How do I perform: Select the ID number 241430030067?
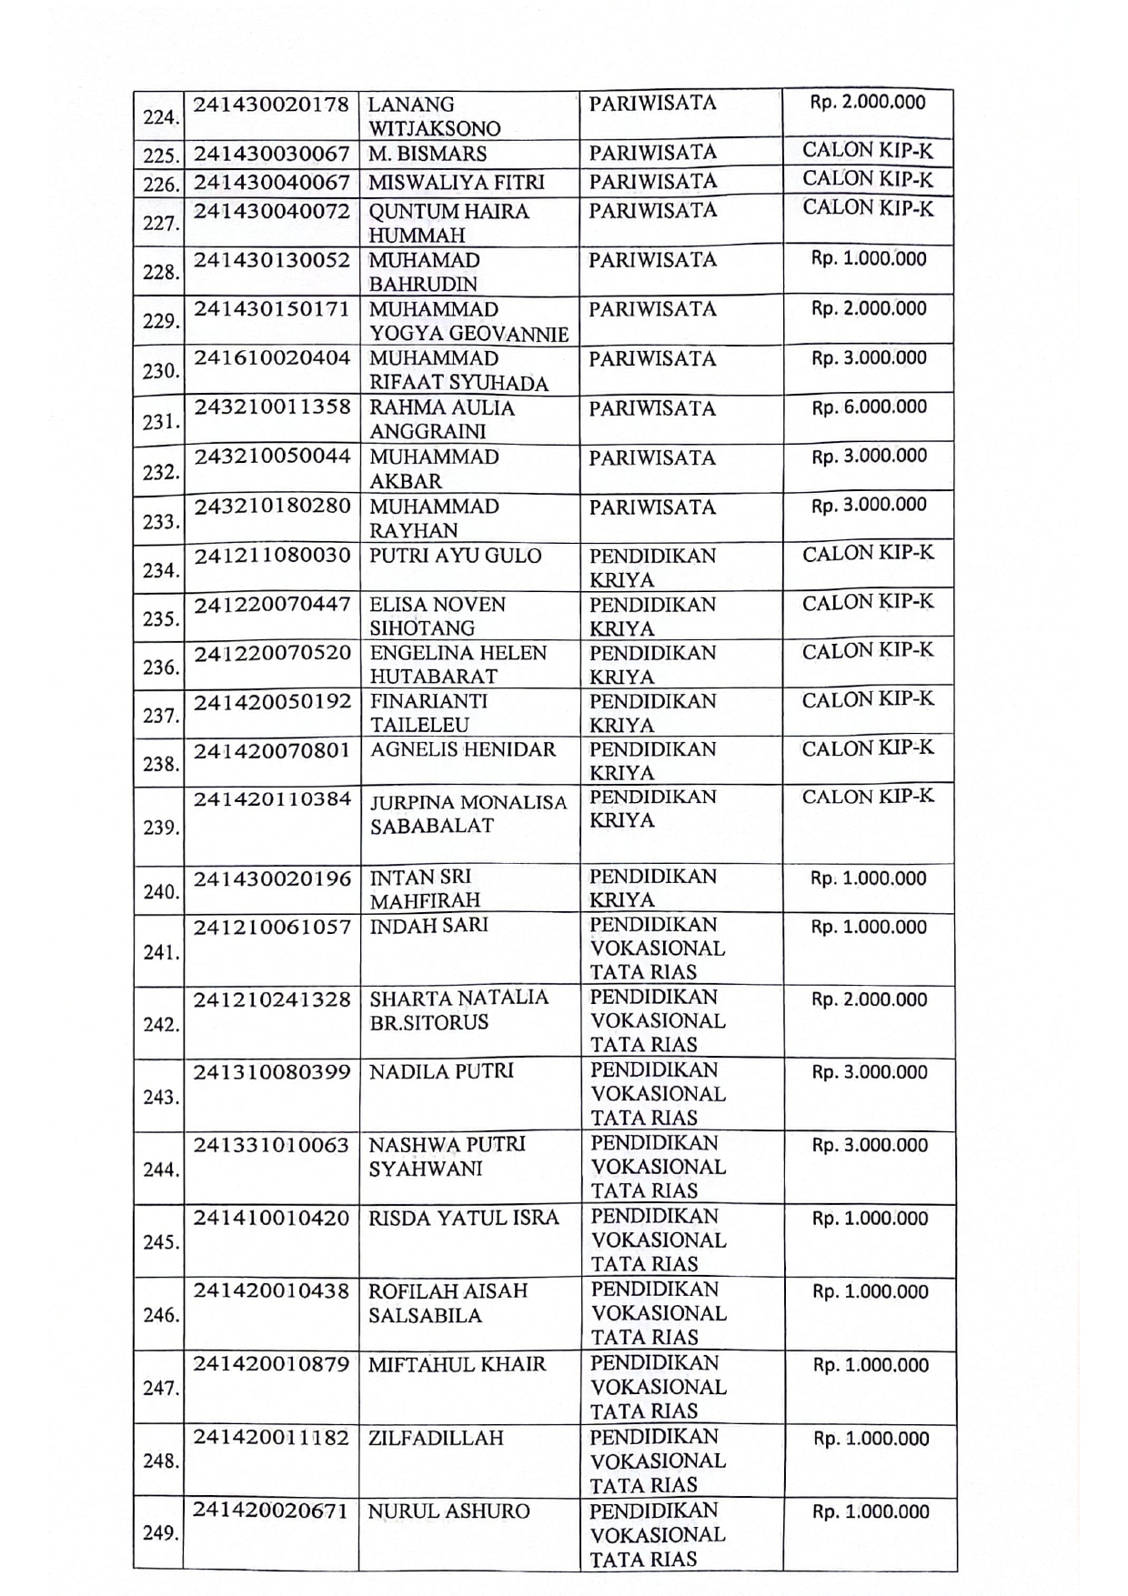click(271, 153)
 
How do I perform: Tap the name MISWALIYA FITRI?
click(457, 183)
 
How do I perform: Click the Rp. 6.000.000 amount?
click(869, 407)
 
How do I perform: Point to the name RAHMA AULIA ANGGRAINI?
click(442, 419)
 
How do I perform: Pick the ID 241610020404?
click(271, 358)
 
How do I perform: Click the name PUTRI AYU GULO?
click(455, 556)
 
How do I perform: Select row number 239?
click(161, 828)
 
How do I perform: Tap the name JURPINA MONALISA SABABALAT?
click(468, 814)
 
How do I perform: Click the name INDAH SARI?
click(428, 925)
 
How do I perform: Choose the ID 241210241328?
click(271, 999)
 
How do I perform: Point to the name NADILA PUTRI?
click(441, 1071)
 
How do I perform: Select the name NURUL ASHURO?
click(448, 1511)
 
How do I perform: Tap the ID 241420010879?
click(271, 1364)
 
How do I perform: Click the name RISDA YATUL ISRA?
click(463, 1218)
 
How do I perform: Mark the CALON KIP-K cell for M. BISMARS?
click(868, 151)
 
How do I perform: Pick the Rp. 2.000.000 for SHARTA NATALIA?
click(869, 999)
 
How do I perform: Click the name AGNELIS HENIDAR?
click(463, 750)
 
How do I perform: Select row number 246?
click(161, 1315)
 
